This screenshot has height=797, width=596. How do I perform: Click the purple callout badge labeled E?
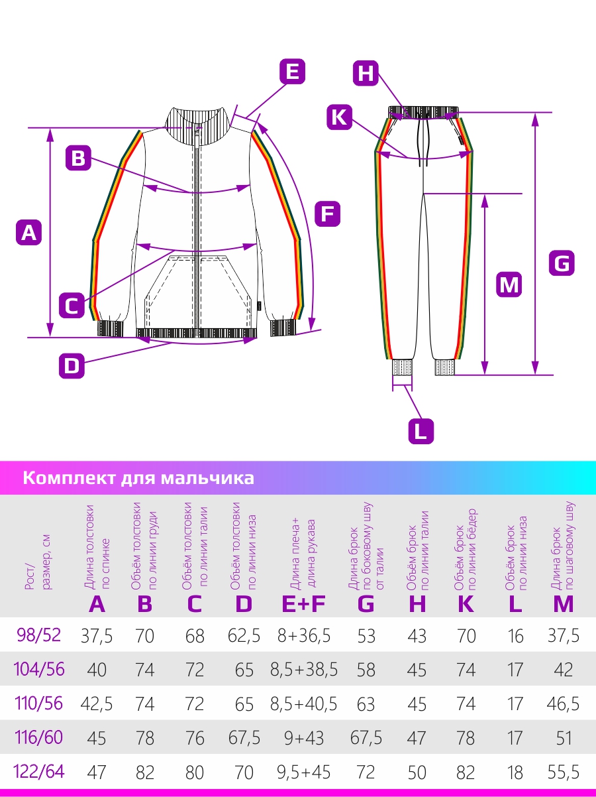tap(292, 72)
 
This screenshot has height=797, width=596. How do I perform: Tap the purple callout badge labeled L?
tap(421, 432)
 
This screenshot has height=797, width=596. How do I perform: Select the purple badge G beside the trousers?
tap(562, 263)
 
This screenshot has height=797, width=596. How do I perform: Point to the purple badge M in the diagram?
tap(509, 284)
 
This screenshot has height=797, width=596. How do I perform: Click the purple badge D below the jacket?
tap(72, 366)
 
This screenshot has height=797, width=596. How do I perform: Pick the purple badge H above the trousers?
tap(366, 73)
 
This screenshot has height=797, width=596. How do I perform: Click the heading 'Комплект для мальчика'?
tap(138, 478)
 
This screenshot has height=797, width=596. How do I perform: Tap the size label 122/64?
tap(39, 771)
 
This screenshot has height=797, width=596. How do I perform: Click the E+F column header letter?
tap(304, 604)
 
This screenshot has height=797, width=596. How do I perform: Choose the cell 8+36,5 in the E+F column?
tap(304, 636)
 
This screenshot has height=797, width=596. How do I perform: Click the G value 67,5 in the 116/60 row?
tap(366, 738)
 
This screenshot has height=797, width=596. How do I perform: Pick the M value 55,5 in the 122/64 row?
tap(564, 772)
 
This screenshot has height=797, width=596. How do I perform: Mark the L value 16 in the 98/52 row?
tap(515, 636)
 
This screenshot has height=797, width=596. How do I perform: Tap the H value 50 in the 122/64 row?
tap(417, 772)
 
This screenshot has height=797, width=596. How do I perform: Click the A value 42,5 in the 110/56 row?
tap(97, 704)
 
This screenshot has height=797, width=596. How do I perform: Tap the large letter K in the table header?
tap(466, 604)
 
